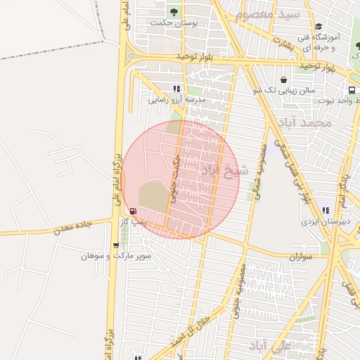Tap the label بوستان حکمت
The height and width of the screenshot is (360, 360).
[174, 23]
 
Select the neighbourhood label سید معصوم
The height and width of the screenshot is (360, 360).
[268, 14]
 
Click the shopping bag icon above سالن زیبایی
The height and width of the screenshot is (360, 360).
[283, 79]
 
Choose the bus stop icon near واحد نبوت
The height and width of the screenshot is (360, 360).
[351, 90]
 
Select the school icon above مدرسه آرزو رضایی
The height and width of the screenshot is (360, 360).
[176, 89]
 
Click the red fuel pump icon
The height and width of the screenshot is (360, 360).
[133, 211]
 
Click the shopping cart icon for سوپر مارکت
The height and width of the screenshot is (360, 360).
[116, 245]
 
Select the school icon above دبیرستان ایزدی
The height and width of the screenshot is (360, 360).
[325, 210]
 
